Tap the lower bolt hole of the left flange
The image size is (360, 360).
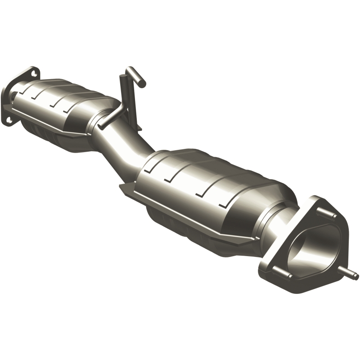click(x=9, y=119)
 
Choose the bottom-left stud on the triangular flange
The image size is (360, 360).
click(x=272, y=271)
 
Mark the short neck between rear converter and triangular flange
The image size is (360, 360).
click(x=279, y=220)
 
